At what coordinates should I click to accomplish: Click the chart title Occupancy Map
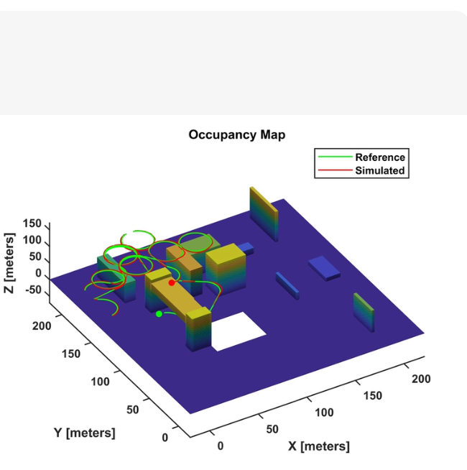click(x=237, y=134)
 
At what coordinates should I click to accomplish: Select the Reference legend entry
click(x=361, y=157)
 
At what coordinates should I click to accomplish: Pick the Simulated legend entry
click(x=361, y=170)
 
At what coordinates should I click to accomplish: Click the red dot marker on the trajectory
click(x=172, y=282)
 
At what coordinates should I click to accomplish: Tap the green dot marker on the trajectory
click(x=159, y=314)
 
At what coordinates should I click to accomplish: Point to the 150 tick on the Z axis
click(x=32, y=224)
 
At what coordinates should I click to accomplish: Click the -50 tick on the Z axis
click(x=33, y=290)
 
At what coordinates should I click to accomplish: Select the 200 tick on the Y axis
click(x=42, y=326)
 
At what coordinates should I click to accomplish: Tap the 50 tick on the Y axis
click(x=132, y=410)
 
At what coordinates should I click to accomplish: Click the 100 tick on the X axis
click(x=324, y=413)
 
